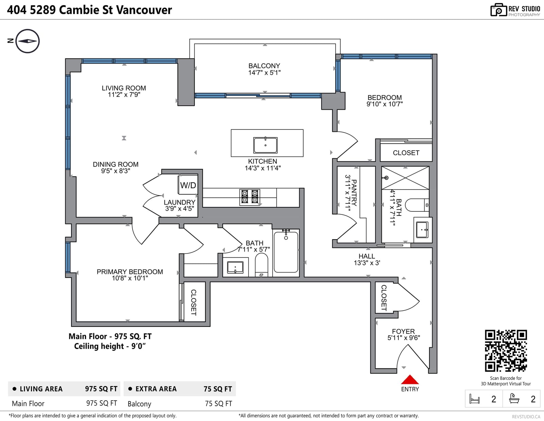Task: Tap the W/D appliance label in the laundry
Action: (x=188, y=186)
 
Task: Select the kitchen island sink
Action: (x=265, y=145)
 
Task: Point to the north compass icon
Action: (x=27, y=41)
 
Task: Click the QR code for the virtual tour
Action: (x=506, y=351)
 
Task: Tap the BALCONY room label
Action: (x=264, y=66)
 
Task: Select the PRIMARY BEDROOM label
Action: (x=130, y=271)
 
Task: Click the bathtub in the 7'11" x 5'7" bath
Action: (x=286, y=252)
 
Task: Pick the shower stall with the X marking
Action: (x=405, y=178)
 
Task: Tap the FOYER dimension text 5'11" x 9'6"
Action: (x=404, y=338)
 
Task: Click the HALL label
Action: (x=367, y=256)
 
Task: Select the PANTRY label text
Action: (x=354, y=193)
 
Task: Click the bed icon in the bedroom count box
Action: (x=474, y=399)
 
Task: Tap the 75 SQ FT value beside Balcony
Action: (x=219, y=403)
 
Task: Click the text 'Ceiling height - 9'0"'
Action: (x=110, y=346)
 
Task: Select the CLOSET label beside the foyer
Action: (x=384, y=298)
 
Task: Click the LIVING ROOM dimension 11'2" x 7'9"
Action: (x=124, y=94)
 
